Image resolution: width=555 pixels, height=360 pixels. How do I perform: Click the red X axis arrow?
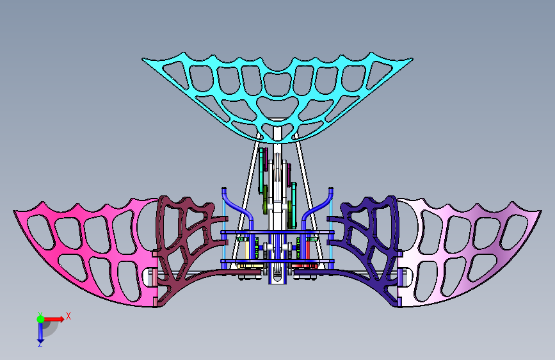(x=54, y=319)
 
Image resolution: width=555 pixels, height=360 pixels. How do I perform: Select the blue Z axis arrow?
(x=40, y=331)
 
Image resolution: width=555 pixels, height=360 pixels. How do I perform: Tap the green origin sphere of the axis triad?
(x=40, y=319)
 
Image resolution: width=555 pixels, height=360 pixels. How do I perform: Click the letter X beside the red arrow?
(x=68, y=316)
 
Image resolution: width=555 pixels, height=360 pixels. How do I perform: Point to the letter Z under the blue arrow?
(x=40, y=344)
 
